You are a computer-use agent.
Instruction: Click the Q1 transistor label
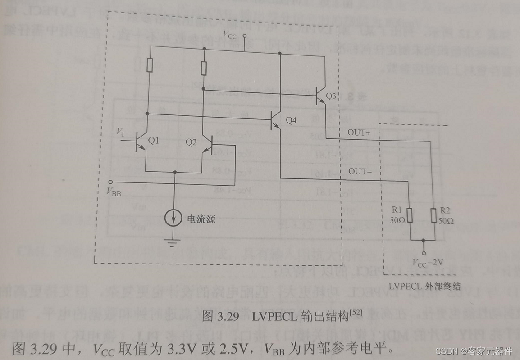154,141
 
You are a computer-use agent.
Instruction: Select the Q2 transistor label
191,142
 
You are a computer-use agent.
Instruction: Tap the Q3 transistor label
331,96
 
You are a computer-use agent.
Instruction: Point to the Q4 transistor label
291,120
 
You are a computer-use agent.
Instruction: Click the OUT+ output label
359,132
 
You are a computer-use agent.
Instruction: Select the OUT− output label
359,172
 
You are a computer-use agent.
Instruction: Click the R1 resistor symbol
410,216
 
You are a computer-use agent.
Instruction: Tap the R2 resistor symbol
433,216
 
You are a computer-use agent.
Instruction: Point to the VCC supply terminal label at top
230,35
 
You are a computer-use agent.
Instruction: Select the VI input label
120,132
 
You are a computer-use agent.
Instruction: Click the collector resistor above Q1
150,66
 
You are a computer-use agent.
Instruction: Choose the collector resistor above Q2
204,68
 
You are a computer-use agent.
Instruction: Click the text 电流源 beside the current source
201,219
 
